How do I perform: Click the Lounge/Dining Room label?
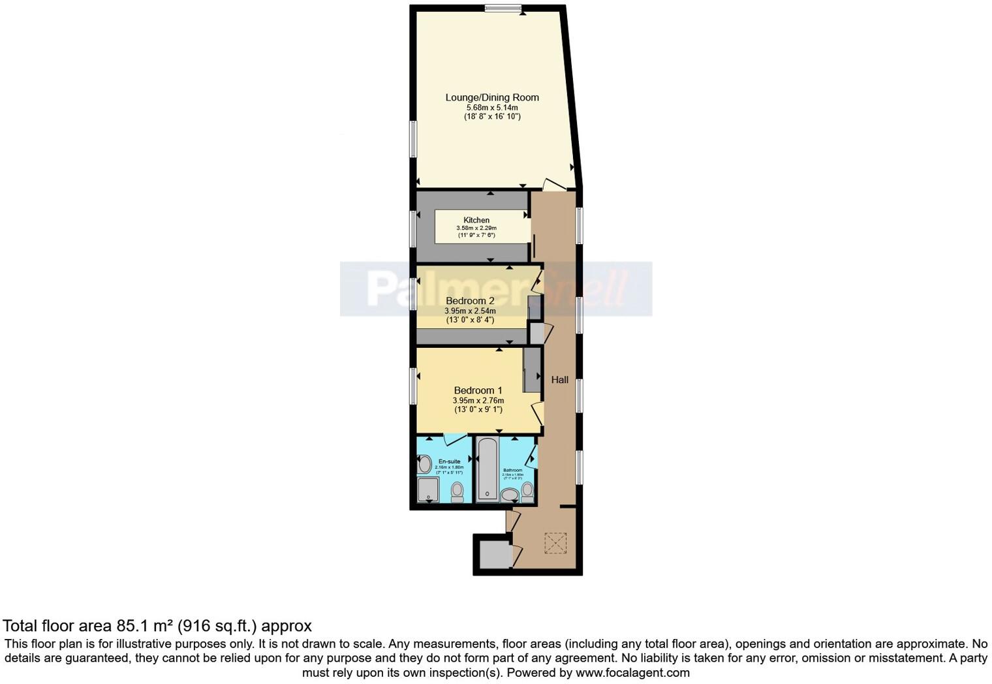(x=492, y=97)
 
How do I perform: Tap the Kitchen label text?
(x=476, y=220)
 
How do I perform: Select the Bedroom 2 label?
(x=470, y=301)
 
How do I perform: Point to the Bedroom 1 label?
(x=478, y=390)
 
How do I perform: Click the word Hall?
(x=559, y=379)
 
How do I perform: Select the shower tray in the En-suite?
(x=429, y=490)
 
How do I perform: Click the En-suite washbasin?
(x=424, y=465)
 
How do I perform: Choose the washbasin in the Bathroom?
(x=509, y=495)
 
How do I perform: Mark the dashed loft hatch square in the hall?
(x=555, y=543)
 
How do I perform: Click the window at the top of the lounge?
(x=503, y=8)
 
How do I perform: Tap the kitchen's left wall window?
(x=413, y=228)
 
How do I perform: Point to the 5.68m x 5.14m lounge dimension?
(x=492, y=107)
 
